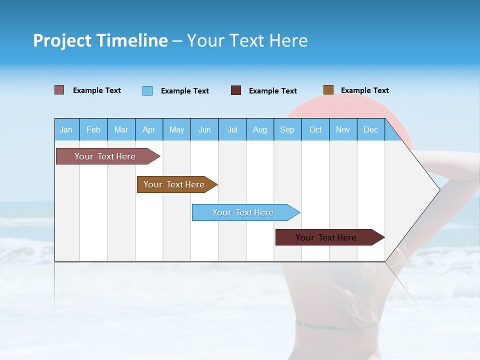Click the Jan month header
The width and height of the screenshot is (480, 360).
pos(66,129)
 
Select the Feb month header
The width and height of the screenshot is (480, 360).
pos(93,129)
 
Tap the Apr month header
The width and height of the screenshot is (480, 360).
pos(148,129)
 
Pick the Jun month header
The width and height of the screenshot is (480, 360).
pos(204,129)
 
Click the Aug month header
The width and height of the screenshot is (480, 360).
pos(259,129)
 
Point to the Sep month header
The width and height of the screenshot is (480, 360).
pos(287,129)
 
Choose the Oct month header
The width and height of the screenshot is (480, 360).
pos(315,129)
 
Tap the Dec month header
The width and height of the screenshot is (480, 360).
pos(370,129)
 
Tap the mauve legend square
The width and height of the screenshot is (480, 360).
pos(59,90)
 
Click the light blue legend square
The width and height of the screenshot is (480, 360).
pos(147,90)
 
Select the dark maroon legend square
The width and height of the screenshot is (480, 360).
pos(236,90)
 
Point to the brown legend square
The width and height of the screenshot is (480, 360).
pos(328,90)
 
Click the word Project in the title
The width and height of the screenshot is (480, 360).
pos(62,40)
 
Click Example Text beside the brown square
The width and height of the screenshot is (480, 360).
pos(364,90)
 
